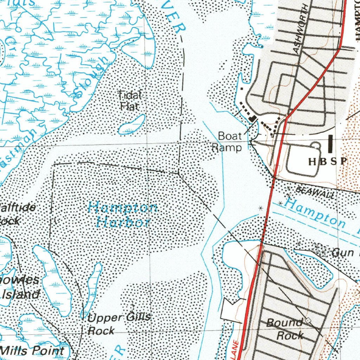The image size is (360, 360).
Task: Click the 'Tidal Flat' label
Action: pyautogui.click(x=129, y=101)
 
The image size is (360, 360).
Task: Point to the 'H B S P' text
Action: pyautogui.click(x=328, y=162)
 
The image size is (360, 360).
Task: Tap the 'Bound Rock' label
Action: pyautogui.click(x=285, y=329)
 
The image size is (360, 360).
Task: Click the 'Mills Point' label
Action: pyautogui.click(x=32, y=351)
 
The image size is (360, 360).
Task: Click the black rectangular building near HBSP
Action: pyautogui.click(x=330, y=144)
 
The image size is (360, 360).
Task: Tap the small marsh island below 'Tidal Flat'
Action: pyautogui.click(x=131, y=125)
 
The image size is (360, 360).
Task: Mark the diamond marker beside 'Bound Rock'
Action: pyautogui.click(x=309, y=321)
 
